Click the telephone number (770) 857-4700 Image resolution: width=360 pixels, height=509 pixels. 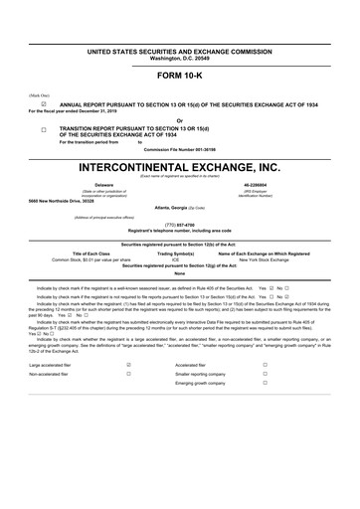coord(180,225)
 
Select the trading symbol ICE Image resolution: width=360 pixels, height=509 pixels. coord(175,259)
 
